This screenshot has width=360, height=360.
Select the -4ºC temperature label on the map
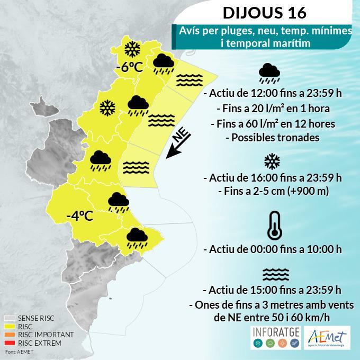click(80, 216)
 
